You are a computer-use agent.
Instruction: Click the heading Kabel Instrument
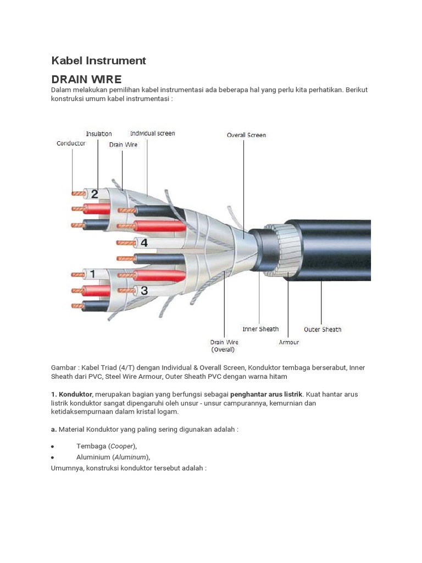98,60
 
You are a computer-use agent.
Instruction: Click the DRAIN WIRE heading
86,79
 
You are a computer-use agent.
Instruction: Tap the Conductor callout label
71,143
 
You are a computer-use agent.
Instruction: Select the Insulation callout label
99,134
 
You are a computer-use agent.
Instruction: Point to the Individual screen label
152,133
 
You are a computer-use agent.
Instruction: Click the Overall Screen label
246,135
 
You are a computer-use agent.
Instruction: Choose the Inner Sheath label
260,329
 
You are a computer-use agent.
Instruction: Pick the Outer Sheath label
323,329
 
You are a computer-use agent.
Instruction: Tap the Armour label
289,342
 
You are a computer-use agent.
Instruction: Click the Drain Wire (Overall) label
224,345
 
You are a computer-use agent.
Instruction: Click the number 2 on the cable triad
95,194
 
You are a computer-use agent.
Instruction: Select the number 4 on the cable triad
144,242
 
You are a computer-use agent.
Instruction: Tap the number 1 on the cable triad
92,273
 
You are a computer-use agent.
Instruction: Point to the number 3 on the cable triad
144,290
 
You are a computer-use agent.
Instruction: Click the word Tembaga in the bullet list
90,446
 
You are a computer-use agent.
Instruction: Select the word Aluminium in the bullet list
93,457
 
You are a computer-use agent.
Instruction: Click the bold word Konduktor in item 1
76,394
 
